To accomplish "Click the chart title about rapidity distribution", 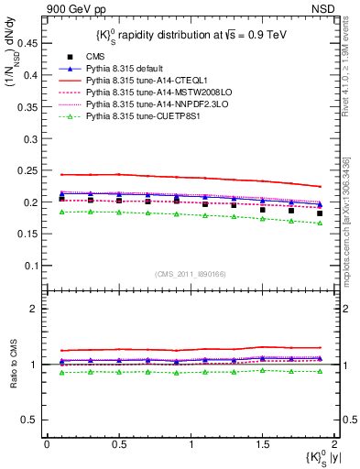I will [189, 36].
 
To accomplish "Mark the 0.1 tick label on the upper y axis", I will [30, 266].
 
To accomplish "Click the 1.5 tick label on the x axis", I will [262, 443].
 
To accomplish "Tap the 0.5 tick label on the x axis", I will [118, 443].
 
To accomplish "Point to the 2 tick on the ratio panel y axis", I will [35, 309].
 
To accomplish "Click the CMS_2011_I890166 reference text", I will [189, 275].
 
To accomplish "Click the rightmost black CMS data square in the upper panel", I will [320, 213].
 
